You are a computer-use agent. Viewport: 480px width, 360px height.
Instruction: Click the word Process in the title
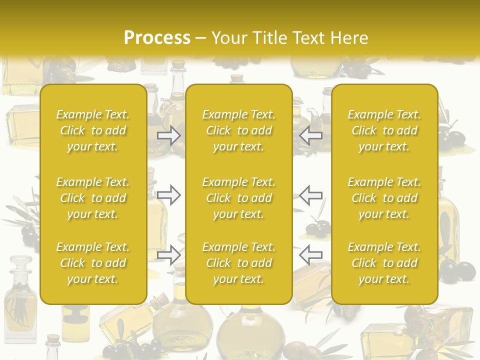(157, 38)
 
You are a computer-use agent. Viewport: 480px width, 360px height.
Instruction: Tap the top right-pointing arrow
(168, 135)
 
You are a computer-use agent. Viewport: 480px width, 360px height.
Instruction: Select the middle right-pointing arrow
(168, 195)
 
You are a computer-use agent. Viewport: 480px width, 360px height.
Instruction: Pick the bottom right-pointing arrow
(168, 255)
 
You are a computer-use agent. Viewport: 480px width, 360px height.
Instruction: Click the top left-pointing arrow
(311, 135)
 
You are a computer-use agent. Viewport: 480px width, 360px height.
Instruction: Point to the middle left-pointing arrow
(311, 195)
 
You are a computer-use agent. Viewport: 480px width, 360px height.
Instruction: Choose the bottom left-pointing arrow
(311, 255)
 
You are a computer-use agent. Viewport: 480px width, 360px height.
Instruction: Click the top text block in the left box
(93, 130)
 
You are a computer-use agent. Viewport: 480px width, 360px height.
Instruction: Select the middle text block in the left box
(93, 198)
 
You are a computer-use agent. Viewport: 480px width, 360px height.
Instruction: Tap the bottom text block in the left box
(93, 263)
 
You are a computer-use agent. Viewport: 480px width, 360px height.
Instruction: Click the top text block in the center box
(238, 130)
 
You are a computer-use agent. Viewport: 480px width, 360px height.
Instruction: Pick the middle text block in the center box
(238, 198)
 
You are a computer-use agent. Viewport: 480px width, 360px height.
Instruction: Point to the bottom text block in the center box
(238, 263)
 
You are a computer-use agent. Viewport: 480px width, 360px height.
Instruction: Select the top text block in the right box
(384, 130)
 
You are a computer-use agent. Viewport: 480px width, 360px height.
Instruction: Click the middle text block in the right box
(384, 198)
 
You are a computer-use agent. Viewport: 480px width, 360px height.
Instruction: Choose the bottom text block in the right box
(384, 263)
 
